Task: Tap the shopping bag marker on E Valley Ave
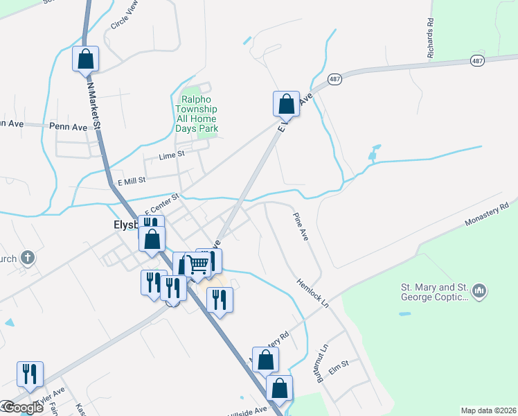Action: point(286,104)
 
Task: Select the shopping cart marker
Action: point(198,263)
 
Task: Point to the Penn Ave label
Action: point(69,127)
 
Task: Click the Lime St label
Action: point(172,156)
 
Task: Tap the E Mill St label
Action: point(131,180)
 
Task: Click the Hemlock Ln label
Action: point(312,293)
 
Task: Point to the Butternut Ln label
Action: point(321,363)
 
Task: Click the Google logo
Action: point(22,408)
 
